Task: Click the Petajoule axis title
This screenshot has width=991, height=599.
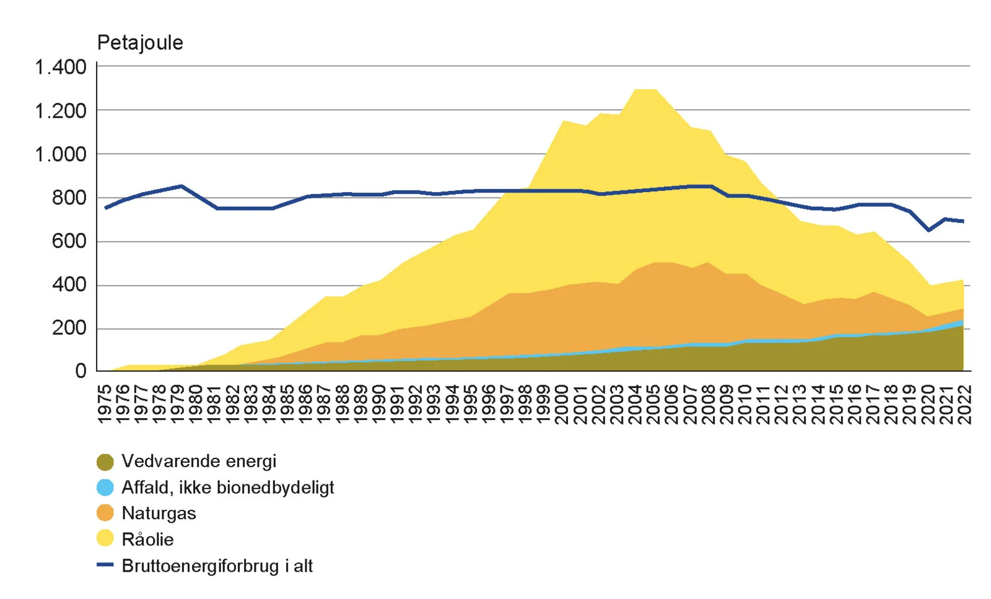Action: (140, 43)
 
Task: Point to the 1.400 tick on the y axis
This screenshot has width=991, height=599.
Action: (61, 67)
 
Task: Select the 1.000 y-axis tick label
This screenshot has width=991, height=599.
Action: (61, 154)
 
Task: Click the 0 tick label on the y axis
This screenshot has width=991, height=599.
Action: (81, 371)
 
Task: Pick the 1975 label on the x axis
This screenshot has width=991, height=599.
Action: (105, 404)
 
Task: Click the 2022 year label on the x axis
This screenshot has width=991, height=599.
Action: (964, 404)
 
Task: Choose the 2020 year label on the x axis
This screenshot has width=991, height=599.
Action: (928, 404)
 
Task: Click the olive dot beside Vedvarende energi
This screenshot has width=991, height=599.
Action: (105, 462)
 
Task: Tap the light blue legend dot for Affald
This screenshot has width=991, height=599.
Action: (105, 488)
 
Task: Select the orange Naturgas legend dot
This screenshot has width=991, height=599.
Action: (105, 514)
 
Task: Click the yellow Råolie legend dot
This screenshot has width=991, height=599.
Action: (105, 539)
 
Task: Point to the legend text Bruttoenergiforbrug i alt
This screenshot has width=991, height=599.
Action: (217, 566)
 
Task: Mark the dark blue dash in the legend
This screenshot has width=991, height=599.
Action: (105, 566)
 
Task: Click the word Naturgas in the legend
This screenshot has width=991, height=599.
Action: (159, 514)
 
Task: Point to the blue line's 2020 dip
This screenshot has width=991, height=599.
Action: (928, 230)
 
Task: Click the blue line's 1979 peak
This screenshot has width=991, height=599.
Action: (181, 186)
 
